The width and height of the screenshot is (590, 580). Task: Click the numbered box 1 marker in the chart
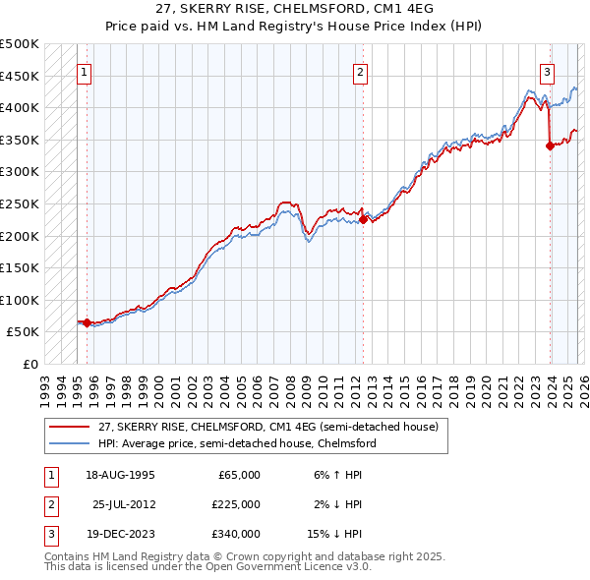click(85, 72)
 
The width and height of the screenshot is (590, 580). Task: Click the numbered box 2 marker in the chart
click(361, 72)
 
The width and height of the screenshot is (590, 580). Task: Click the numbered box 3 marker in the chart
click(547, 72)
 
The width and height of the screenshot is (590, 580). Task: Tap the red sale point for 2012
click(364, 220)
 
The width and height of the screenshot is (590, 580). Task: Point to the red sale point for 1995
click(87, 322)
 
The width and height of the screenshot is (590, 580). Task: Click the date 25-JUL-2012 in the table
click(124, 504)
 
